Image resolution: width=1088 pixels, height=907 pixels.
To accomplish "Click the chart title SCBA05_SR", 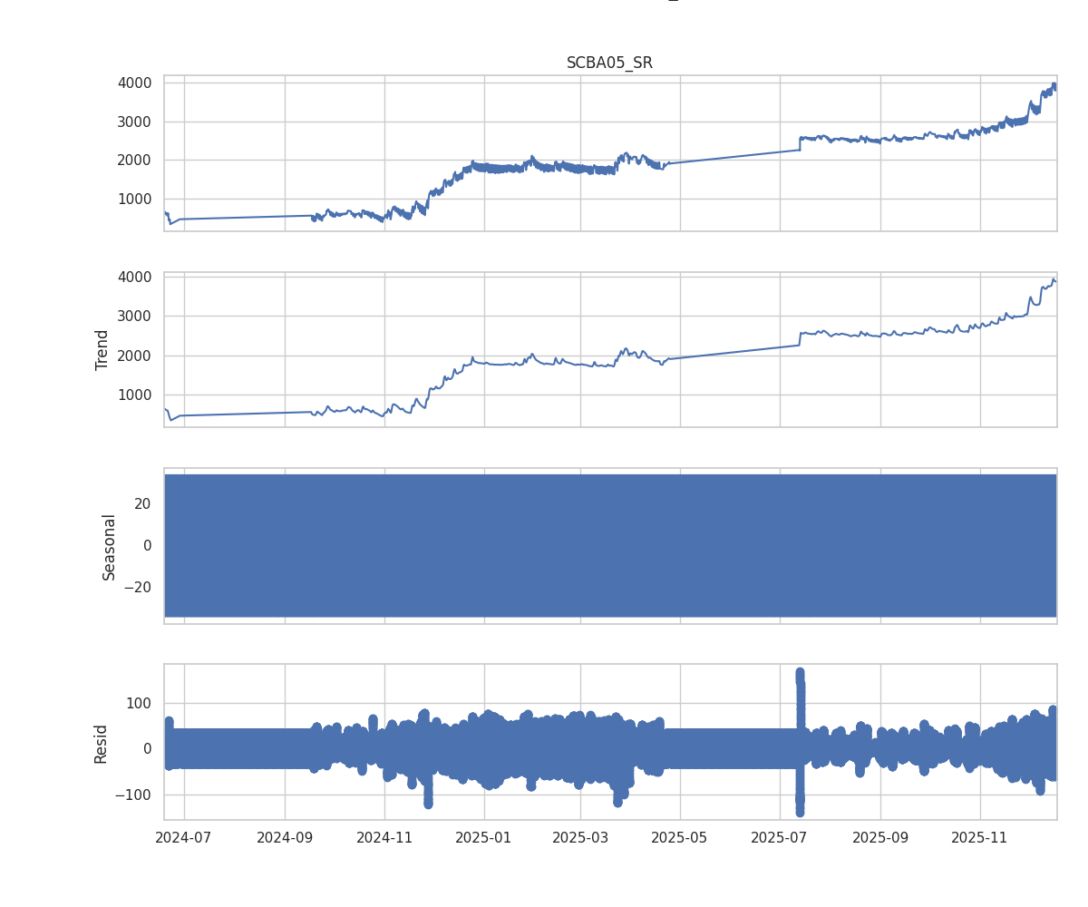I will coord(609,63).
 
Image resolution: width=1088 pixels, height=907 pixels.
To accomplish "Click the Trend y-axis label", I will coord(102,349).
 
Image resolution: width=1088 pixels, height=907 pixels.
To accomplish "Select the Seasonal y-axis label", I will coord(109,546).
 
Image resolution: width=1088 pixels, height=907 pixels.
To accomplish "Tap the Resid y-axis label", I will coord(102,743).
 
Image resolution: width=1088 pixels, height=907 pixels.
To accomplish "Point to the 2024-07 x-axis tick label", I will coord(184,837).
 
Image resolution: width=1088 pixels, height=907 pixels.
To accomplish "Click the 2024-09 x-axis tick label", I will coord(285,837).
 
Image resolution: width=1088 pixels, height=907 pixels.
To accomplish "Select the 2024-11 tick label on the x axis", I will coord(384,837).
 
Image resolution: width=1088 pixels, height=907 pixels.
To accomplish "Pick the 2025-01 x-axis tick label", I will coord(484,837).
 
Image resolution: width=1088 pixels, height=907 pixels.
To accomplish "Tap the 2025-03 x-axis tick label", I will coord(580,837).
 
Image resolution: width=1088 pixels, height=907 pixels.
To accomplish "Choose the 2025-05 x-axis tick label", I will coord(680,837).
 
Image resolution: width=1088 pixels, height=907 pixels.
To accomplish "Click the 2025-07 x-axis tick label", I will coord(780,837).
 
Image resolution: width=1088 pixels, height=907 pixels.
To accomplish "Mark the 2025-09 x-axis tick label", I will coord(880,837).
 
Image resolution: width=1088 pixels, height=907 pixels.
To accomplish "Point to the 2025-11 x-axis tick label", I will coord(980,837).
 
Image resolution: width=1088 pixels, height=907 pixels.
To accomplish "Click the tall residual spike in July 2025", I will coord(800,689).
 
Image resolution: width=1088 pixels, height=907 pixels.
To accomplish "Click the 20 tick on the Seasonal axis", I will coord(141,503).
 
